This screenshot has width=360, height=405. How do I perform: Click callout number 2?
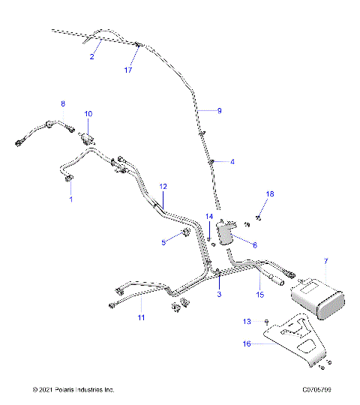pos(92,56)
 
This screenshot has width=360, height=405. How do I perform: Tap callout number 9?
pos(219,110)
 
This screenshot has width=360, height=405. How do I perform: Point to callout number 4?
pos(232,161)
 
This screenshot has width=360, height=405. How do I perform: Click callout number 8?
pos(63,103)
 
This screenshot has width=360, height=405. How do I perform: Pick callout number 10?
pos(88,114)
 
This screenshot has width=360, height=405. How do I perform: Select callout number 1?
pos(71,200)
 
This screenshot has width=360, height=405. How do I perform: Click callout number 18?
pos(271,194)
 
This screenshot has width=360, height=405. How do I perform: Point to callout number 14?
pos(210,217)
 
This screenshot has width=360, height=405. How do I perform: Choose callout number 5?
pos(162,242)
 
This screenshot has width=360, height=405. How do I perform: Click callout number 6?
pos(254,244)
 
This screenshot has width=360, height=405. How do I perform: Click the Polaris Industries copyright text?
pos(73,389)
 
